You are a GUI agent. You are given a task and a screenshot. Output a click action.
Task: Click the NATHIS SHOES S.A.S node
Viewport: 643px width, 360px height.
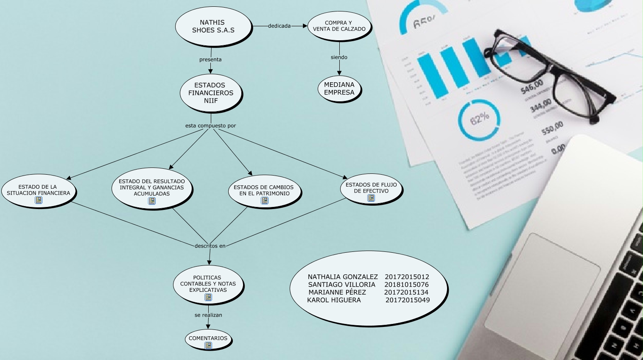click(213, 26)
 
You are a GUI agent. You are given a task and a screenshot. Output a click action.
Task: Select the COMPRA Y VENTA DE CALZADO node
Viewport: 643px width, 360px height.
click(339, 26)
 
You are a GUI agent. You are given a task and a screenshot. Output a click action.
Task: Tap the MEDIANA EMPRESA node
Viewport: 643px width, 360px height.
click(339, 89)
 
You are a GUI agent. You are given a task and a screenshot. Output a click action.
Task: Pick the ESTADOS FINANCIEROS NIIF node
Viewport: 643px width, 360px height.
click(211, 93)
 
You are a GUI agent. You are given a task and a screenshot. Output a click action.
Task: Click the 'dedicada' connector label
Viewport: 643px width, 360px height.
click(280, 26)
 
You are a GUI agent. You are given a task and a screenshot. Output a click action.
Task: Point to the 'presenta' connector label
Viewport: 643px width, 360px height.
click(210, 59)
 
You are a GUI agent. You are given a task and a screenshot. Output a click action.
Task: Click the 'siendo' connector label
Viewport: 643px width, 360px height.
click(339, 57)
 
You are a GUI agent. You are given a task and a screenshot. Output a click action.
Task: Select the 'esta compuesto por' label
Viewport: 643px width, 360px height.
click(210, 126)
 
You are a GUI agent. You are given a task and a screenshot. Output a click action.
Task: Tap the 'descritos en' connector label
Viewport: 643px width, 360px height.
click(210, 246)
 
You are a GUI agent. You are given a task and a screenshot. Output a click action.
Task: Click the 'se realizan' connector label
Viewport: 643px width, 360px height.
click(208, 315)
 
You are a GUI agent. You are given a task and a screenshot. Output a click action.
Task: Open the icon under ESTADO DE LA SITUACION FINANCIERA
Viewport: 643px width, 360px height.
click(39, 201)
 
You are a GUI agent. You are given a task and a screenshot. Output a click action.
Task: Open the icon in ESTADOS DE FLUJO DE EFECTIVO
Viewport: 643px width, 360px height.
click(371, 198)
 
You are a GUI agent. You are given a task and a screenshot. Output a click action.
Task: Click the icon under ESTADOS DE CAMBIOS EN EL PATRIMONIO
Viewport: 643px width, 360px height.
click(265, 201)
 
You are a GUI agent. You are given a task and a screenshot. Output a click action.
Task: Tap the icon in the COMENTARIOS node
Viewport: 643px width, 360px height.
click(208, 346)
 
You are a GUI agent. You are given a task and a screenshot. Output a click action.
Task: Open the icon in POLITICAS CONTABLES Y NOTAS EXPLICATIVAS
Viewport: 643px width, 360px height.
click(208, 297)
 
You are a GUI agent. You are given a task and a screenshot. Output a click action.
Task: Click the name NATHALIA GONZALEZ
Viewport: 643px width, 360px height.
click(343, 277)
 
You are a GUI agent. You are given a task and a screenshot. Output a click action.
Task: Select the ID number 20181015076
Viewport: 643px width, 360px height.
click(406, 285)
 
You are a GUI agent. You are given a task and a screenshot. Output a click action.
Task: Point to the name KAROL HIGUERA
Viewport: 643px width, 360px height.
click(334, 300)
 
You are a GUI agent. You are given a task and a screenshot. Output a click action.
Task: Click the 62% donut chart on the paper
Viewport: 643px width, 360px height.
click(479, 119)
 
